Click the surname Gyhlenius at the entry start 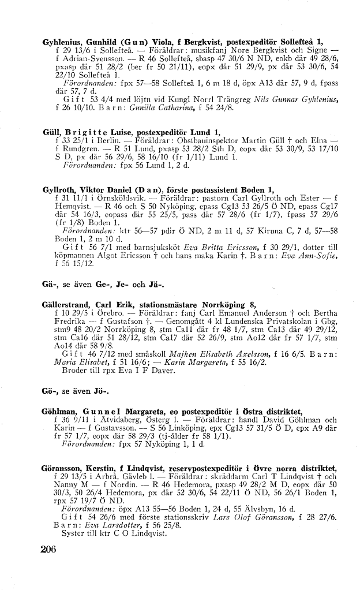pyautogui.click(x=63, y=42)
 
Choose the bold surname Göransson pyautogui.click(x=64, y=468)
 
